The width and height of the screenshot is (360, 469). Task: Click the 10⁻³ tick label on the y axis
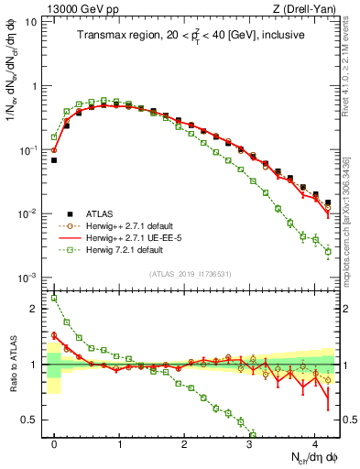[x=28, y=277]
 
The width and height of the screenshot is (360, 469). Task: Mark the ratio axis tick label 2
[x=34, y=309]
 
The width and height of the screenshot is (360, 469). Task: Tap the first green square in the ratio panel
[x=54, y=298]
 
